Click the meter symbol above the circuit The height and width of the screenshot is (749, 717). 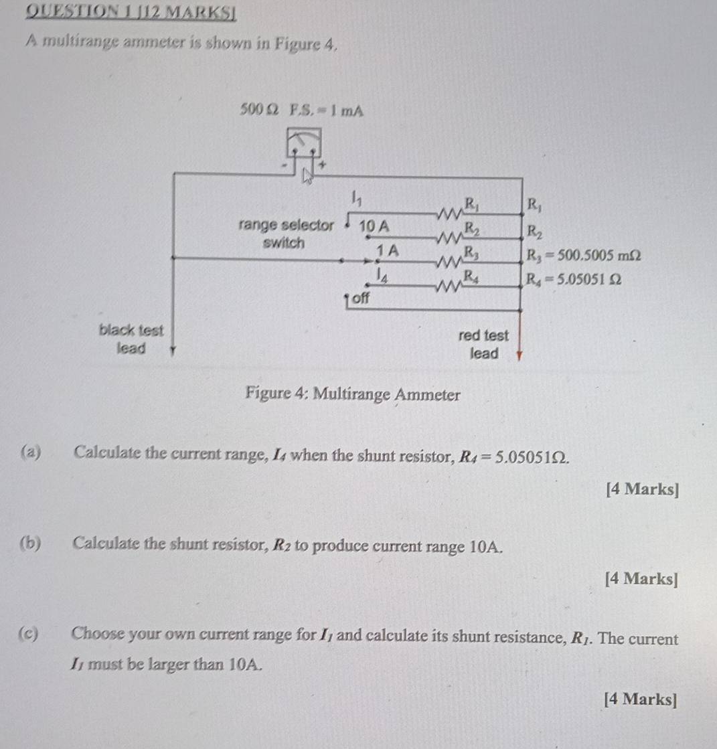click(x=304, y=143)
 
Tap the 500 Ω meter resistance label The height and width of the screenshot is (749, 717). click(x=259, y=110)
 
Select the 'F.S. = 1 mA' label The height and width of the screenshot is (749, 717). click(x=327, y=111)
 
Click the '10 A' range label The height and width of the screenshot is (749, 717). click(x=374, y=226)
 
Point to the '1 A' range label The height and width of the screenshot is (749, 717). click(x=388, y=250)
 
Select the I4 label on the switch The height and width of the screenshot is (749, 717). click(x=382, y=276)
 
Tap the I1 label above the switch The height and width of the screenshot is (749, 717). click(x=356, y=197)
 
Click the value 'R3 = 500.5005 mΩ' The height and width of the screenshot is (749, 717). click(x=583, y=256)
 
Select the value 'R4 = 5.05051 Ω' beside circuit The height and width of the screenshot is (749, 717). click(x=574, y=279)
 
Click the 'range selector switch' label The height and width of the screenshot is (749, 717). click(x=286, y=234)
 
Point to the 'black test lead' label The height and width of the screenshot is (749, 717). click(x=131, y=339)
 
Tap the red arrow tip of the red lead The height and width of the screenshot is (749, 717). click(x=520, y=358)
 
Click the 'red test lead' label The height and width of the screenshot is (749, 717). click(x=483, y=344)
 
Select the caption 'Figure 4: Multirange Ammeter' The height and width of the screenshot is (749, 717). click(x=353, y=394)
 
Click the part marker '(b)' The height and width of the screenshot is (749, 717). click(x=30, y=543)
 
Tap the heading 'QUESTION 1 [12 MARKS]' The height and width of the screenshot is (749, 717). click(x=131, y=12)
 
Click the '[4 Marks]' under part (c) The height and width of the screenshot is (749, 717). click(x=641, y=699)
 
